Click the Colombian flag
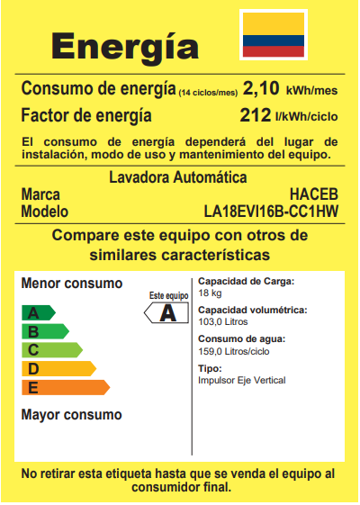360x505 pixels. [274, 35]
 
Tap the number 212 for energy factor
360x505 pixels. [256, 115]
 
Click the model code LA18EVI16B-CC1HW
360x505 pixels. [273, 212]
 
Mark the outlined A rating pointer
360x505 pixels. [166, 313]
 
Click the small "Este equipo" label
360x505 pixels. [168, 295]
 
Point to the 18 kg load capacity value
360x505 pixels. [210, 293]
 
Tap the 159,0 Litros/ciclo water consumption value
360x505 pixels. [232, 351]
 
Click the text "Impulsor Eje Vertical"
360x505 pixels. [241, 381]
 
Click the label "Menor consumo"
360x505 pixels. [71, 284]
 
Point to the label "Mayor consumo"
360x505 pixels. [71, 415]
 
